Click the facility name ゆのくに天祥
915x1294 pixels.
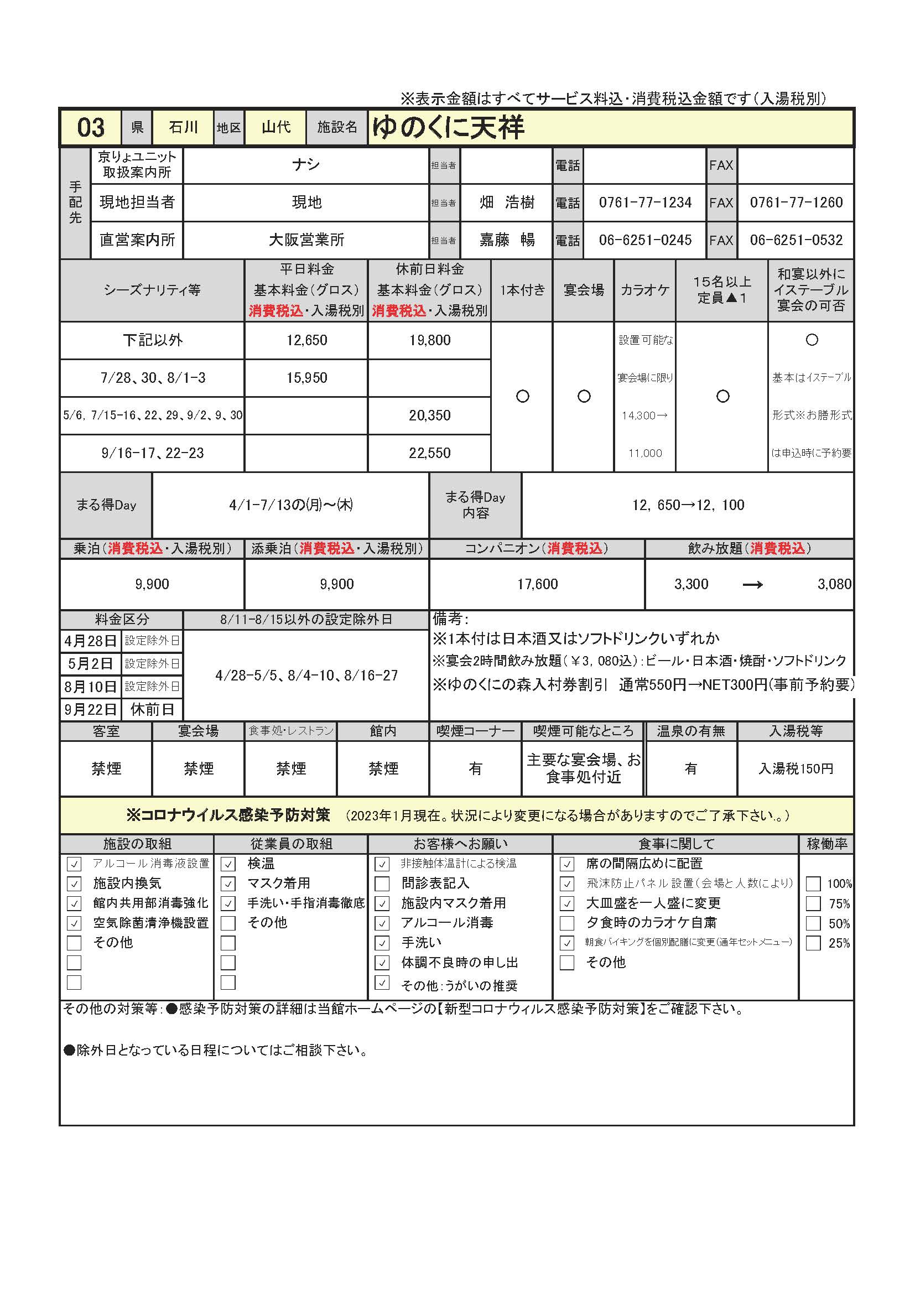point(448,127)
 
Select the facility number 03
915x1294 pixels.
point(91,127)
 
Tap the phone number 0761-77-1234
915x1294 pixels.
point(644,202)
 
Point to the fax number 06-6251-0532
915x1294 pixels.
point(796,240)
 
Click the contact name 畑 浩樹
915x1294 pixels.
point(507,202)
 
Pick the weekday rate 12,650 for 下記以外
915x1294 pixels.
point(306,340)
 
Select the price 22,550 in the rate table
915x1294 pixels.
point(429,453)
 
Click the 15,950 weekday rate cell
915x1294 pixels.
point(306,378)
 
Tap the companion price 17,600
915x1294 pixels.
point(537,584)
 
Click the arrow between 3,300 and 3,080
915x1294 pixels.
point(752,585)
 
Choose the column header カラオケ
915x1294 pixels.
point(644,290)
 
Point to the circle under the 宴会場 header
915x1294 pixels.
point(584,396)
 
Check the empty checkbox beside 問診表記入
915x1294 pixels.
point(382,883)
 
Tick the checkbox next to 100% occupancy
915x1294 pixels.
point(813,884)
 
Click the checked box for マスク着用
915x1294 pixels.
point(228,883)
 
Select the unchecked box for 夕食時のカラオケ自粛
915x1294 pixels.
point(568,923)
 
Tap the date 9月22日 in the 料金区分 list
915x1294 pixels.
point(90,709)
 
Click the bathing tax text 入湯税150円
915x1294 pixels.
point(796,769)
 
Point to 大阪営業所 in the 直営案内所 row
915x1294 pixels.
point(306,240)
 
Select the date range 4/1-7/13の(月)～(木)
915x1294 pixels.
point(291,505)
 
